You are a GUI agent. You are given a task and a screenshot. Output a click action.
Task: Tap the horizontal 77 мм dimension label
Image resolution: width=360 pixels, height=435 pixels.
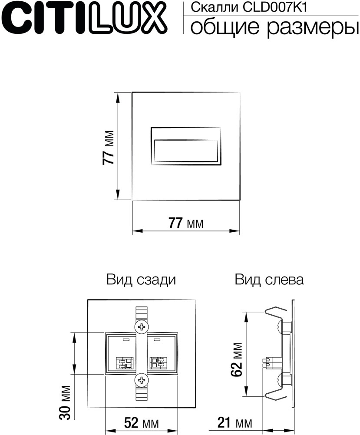point(185,223)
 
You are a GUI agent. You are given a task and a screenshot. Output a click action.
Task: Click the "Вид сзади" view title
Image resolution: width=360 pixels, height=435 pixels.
point(141,280)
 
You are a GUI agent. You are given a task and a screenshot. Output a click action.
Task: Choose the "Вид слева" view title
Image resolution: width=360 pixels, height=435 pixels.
point(269,280)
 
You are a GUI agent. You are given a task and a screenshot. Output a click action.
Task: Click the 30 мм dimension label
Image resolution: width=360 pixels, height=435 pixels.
point(65,402)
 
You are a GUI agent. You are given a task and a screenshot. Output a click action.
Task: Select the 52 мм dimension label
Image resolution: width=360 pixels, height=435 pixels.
point(141,422)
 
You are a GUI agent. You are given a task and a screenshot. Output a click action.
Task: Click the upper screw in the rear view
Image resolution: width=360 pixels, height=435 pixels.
point(142,327)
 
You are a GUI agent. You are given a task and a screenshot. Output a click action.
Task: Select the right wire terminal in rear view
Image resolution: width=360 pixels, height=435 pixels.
point(158,362)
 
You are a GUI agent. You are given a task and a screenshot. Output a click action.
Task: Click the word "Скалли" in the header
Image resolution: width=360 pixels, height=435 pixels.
point(205,7)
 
